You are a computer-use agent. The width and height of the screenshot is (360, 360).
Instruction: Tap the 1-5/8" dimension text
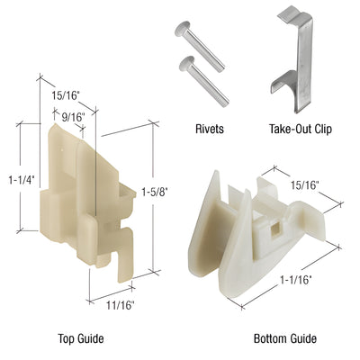159,190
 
